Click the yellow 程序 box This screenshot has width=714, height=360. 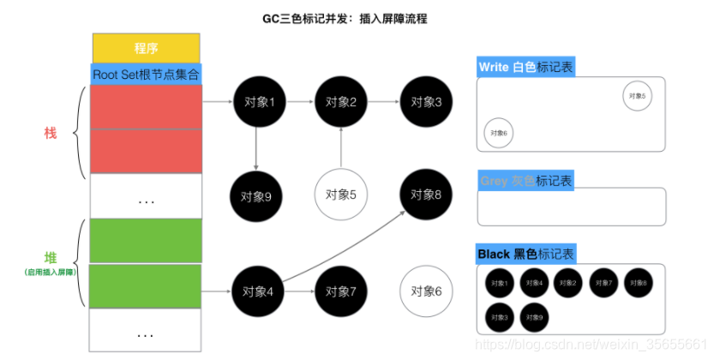coord(146,48)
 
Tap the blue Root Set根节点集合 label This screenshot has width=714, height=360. coord(146,75)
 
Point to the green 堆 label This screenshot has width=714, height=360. coord(51,258)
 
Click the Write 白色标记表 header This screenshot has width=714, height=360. coord(523,68)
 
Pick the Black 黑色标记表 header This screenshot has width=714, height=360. coord(526,254)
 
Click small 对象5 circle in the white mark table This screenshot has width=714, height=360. coord(636,96)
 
